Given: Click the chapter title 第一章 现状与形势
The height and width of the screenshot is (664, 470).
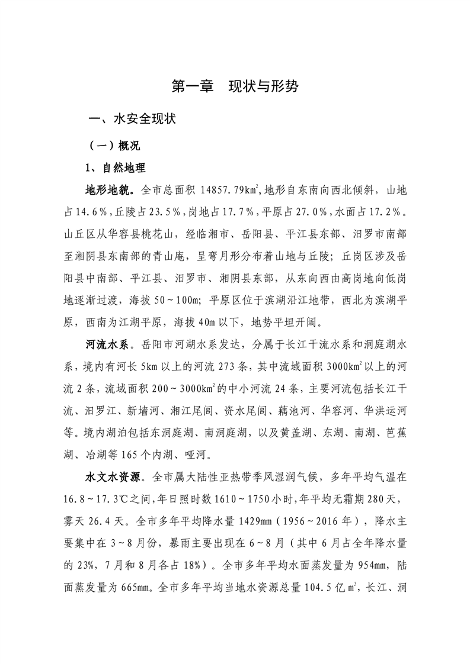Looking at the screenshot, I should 235,87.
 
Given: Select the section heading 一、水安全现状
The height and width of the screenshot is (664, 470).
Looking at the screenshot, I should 131,119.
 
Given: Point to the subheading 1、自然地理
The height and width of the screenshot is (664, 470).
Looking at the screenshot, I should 116,168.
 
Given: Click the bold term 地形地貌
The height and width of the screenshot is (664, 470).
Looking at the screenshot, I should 110,191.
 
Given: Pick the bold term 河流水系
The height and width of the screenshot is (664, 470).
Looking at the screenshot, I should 110,344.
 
